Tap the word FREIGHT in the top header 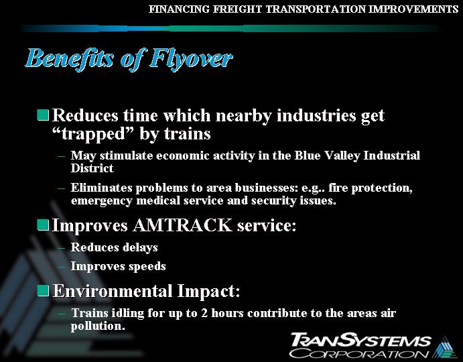227,9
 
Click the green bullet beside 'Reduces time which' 43,115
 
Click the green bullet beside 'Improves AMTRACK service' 43,225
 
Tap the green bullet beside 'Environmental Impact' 43,291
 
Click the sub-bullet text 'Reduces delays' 114,247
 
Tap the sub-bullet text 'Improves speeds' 118,266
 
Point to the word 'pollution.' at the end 98,326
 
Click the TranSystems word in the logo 361,339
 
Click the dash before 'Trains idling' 61,313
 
